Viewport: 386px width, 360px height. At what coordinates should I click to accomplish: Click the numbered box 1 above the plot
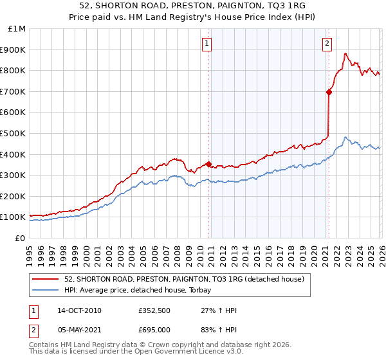coord(207,44)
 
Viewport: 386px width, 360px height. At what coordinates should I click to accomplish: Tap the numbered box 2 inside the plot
coord(327,44)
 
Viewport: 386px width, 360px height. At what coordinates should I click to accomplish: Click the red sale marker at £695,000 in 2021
coord(329,92)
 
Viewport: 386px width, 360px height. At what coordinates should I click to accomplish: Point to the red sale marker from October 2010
coord(209,164)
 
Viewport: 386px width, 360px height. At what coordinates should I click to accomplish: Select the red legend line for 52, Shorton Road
coord(46,279)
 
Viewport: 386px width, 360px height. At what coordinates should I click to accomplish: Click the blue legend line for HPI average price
coord(46,290)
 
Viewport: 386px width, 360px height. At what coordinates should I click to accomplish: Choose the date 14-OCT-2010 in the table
coord(79,310)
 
